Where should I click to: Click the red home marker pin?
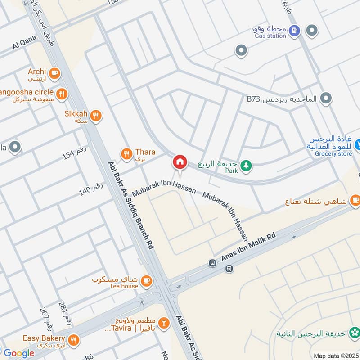point(180,162)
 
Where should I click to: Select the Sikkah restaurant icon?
point(95,116)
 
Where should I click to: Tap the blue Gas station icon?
point(294,31)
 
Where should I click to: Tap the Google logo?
point(18,353)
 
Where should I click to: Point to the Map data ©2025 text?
point(336,355)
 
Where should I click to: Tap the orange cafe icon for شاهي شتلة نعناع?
point(355,200)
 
